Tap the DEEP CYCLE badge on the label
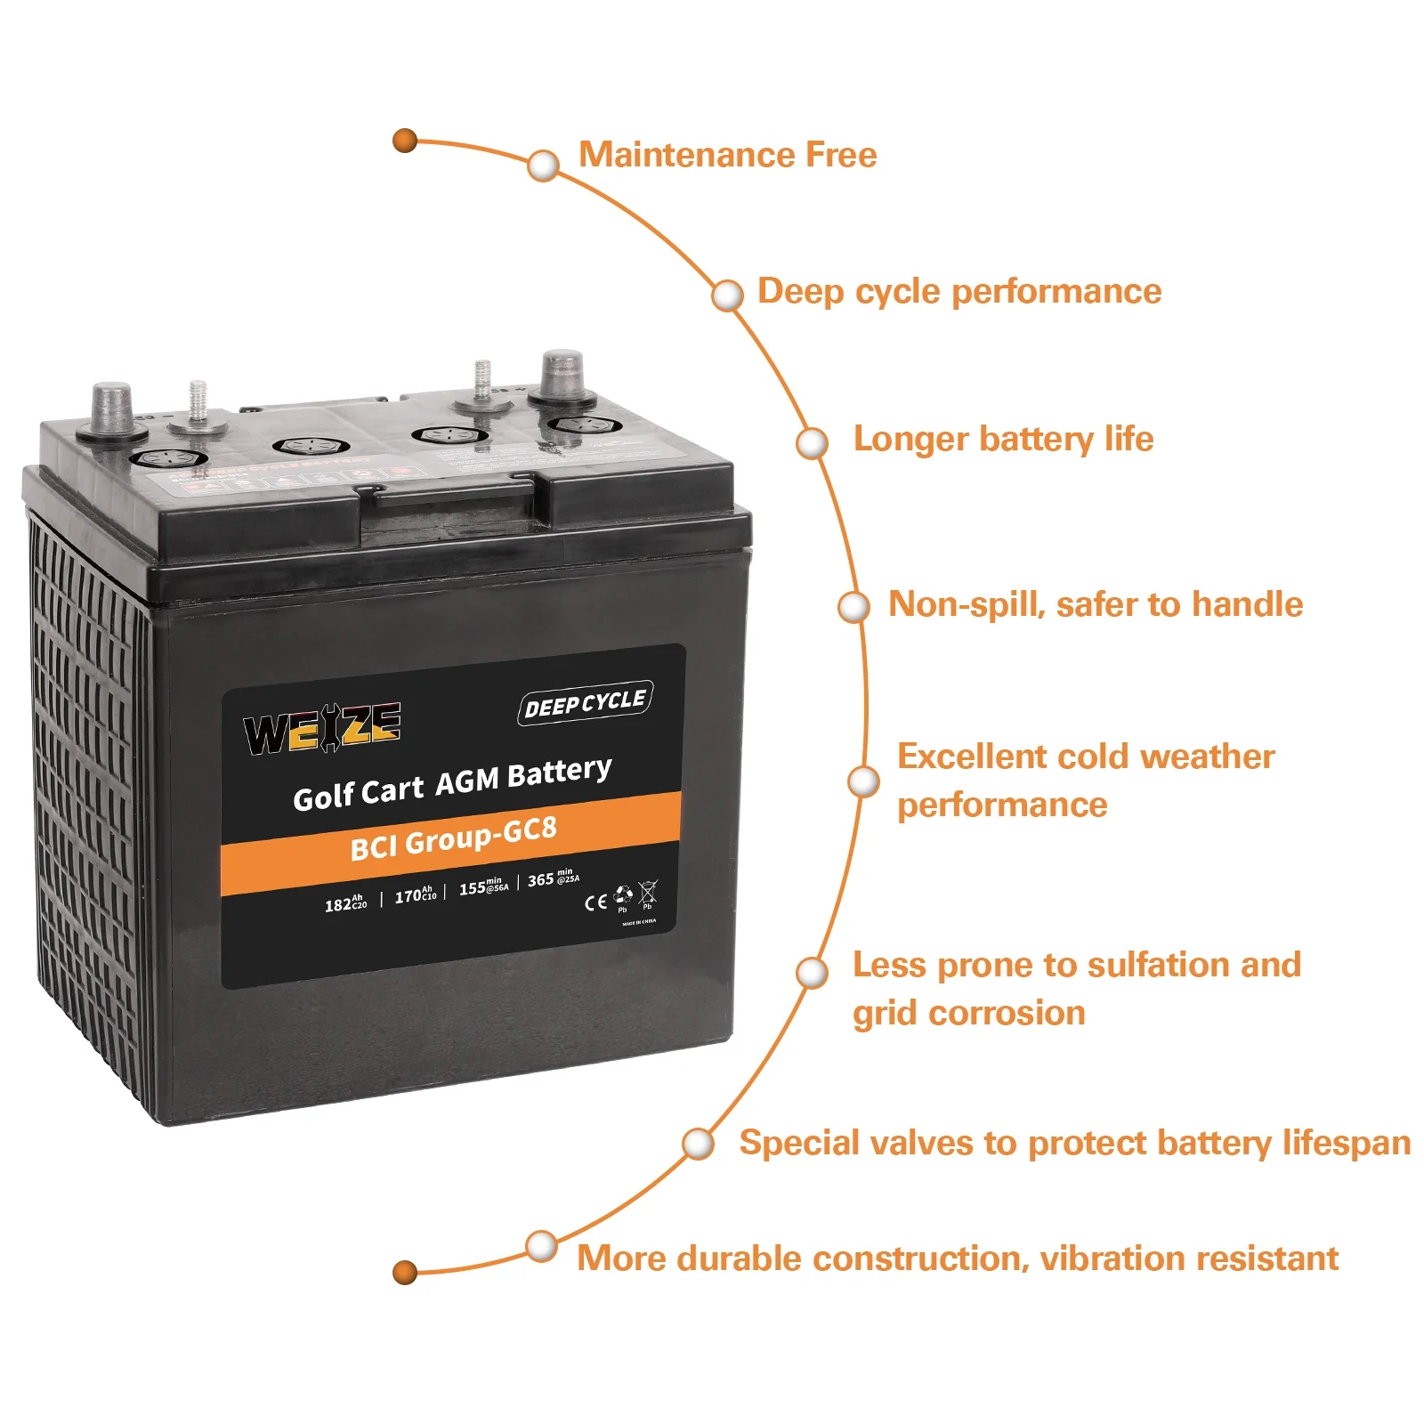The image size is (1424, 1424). (585, 703)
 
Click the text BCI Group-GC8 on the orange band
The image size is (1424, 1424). (453, 838)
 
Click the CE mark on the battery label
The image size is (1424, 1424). (595, 902)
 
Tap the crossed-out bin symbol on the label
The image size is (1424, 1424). (648, 891)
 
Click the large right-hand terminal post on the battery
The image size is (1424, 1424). (562, 377)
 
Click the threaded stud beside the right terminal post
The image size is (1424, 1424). (482, 383)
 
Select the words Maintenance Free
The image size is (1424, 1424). (727, 155)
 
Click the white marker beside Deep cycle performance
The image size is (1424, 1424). (727, 295)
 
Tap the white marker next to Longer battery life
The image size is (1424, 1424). (812, 442)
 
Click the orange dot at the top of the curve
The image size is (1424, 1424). (405, 141)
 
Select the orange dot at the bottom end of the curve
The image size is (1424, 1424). (405, 1272)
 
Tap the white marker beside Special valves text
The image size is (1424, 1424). (699, 1144)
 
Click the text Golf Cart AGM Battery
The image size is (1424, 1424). (452, 783)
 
